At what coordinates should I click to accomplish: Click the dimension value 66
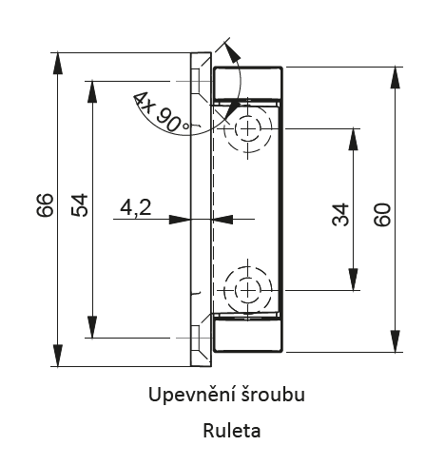click(45, 205)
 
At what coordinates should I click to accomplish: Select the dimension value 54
click(80, 205)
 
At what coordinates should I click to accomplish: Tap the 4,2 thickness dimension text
click(136, 208)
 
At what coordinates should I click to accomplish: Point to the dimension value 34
click(340, 215)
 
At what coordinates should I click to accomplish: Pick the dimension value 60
click(382, 215)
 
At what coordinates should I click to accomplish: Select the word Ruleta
click(232, 431)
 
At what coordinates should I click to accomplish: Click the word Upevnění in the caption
click(190, 396)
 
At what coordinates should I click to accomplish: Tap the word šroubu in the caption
click(271, 395)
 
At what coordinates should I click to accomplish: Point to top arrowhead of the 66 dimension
click(57, 63)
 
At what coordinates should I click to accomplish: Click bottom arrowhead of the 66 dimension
click(57, 356)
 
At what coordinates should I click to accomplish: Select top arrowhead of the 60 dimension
click(395, 78)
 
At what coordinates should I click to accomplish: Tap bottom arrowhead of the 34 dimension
click(353, 280)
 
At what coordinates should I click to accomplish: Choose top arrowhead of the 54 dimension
click(92, 92)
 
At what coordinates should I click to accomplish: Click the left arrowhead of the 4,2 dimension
click(180, 220)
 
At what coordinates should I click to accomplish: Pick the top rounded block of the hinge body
click(248, 84)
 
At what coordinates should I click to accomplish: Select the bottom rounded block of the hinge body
click(248, 336)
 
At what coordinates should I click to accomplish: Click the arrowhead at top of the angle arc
click(233, 51)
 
